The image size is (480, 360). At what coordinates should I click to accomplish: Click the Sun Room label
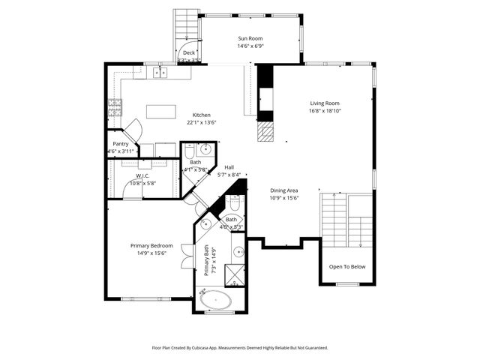251,38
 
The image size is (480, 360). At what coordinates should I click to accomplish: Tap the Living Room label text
325,103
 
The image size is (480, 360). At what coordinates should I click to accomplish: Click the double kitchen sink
160,73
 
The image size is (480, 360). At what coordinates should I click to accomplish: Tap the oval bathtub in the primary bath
217,301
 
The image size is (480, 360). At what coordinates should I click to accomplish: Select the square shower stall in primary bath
235,275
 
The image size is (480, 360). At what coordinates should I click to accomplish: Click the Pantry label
121,144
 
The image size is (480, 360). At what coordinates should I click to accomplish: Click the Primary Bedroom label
151,246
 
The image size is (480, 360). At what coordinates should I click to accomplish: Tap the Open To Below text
347,266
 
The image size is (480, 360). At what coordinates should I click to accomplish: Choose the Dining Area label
285,190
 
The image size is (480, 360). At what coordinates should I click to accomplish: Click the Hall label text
229,167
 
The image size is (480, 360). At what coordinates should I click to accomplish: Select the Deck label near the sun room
189,52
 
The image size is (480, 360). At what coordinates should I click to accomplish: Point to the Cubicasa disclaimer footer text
240,348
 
